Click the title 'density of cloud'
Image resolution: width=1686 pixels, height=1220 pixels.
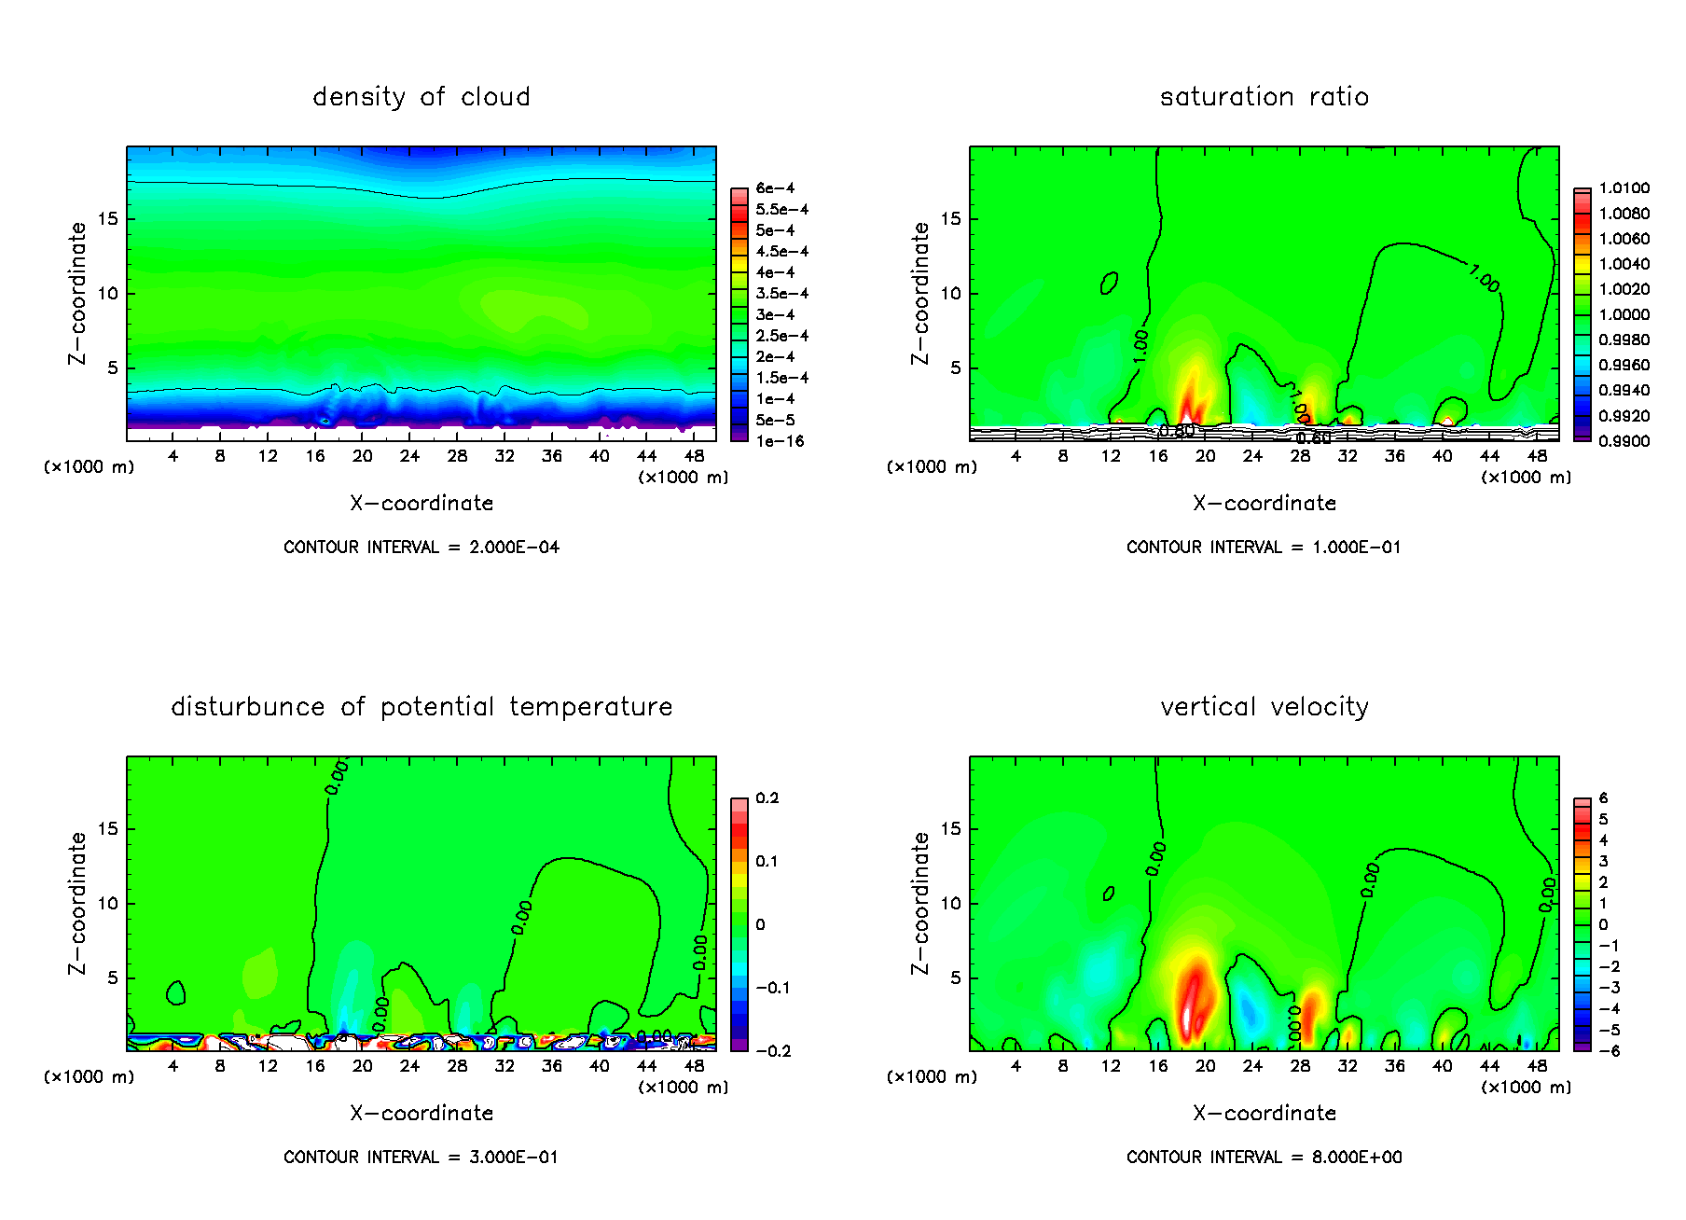click(x=421, y=97)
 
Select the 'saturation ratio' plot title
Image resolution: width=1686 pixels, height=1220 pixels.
click(x=1264, y=97)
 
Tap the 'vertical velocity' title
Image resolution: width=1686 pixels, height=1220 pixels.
click(x=1264, y=707)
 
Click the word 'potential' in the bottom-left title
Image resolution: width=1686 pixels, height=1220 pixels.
click(x=436, y=708)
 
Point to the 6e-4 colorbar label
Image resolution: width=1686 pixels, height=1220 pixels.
click(x=775, y=188)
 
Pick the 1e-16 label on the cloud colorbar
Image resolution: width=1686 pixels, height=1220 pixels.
click(x=780, y=441)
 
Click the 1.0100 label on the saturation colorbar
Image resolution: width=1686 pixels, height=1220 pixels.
click(x=1624, y=188)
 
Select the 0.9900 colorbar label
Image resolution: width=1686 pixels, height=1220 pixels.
click(x=1624, y=441)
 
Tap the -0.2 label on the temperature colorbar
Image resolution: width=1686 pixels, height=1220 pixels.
click(x=773, y=1051)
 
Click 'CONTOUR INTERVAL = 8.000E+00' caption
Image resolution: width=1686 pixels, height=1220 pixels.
click(x=1264, y=1158)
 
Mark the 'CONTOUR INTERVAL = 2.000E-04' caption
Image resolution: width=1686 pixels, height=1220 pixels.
click(x=421, y=548)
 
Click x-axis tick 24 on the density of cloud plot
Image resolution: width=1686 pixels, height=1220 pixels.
click(x=409, y=456)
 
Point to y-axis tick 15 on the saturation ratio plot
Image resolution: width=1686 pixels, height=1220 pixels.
click(x=949, y=219)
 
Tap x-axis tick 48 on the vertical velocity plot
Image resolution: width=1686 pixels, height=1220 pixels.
click(x=1537, y=1066)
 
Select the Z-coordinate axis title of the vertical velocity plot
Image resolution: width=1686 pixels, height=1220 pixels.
click(x=920, y=903)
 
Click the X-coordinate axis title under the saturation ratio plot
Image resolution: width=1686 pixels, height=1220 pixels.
click(x=1264, y=504)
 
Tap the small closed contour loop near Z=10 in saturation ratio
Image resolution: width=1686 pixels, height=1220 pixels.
click(x=1109, y=283)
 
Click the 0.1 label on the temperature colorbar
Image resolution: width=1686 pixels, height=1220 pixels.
click(x=767, y=861)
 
